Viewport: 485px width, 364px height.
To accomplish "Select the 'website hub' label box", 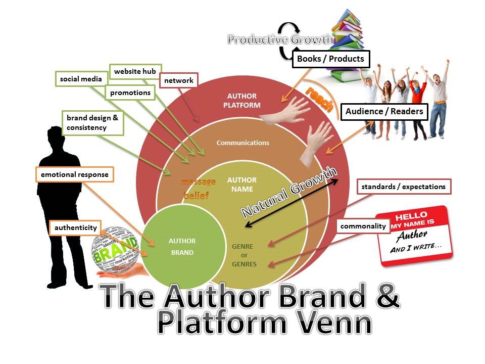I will click(135, 71).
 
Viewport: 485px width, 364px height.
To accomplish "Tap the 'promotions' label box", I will click(130, 93).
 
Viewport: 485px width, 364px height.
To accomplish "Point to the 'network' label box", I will click(178, 80).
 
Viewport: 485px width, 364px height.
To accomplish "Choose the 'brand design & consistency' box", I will click(92, 123).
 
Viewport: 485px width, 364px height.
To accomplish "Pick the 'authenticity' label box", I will click(76, 227).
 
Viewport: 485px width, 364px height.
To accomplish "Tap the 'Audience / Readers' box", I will click(384, 112).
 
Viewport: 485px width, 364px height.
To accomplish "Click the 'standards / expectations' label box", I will click(404, 187).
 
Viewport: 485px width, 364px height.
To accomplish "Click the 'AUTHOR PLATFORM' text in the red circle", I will click(243, 101).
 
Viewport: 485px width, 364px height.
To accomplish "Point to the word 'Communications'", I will click(243, 143).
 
